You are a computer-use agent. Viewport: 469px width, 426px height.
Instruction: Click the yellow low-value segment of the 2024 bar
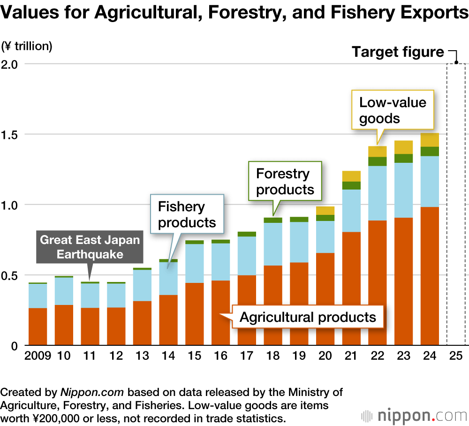coord(430,140)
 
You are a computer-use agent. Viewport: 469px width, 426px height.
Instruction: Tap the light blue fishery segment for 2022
coord(377,193)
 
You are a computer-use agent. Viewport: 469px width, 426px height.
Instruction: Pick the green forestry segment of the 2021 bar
coord(351,185)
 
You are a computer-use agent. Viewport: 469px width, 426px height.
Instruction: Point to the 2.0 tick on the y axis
coord(11,64)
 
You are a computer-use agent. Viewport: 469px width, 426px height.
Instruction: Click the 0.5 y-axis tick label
coord(11,275)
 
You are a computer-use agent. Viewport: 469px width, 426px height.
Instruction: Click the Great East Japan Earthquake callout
coord(90,247)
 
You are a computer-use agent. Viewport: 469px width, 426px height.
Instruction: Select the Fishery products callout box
coord(187,214)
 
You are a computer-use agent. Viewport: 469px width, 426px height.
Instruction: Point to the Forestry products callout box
coord(285,182)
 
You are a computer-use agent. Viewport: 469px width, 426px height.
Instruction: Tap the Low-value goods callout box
coord(393,110)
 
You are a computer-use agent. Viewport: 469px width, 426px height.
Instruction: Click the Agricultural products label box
coord(308,317)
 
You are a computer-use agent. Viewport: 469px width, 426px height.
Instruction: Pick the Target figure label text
coord(398,52)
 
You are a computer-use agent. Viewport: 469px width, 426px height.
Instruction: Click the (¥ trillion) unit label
coord(27,46)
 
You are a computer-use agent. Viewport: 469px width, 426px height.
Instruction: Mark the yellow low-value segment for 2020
coord(325,211)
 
